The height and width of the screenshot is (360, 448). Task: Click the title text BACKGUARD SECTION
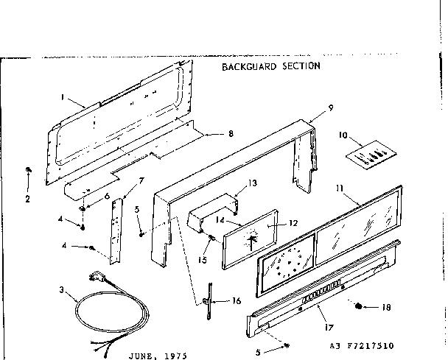click(x=271, y=66)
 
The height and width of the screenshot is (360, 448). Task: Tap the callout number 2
click(x=28, y=199)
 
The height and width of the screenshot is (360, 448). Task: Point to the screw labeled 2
click(x=28, y=171)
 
